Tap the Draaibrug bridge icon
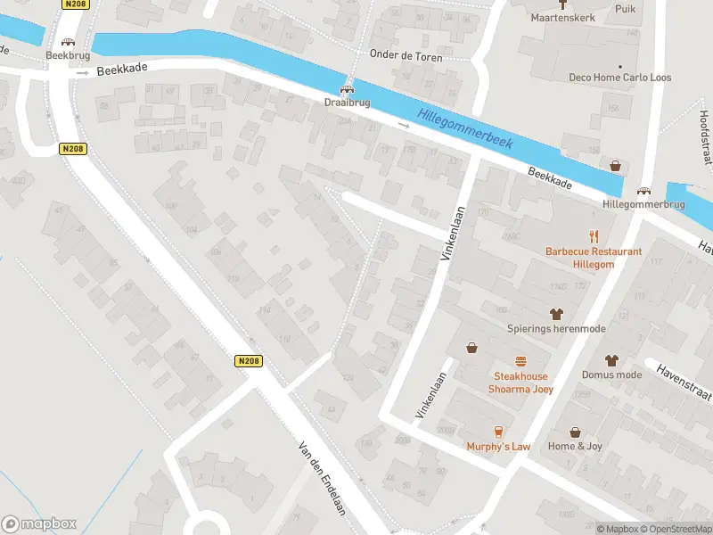(x=348, y=88)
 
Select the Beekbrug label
(x=68, y=55)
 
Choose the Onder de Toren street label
(x=406, y=55)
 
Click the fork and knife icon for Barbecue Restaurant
(x=594, y=236)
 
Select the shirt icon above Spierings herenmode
(x=557, y=314)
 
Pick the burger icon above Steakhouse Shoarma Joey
(x=520, y=361)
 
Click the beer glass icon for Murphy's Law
(x=498, y=431)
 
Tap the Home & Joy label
(x=575, y=446)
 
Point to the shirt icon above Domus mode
(x=611, y=360)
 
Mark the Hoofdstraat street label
(x=704, y=134)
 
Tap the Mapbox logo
(x=39, y=524)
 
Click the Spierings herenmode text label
(x=556, y=329)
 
